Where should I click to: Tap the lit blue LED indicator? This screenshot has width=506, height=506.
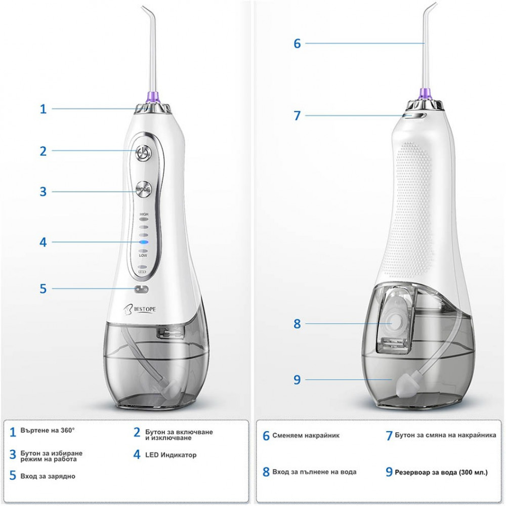(143, 242)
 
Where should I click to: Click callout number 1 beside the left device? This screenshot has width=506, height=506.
(43, 109)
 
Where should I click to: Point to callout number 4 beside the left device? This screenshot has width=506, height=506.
(43, 242)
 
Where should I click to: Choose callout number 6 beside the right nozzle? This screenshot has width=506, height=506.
(297, 44)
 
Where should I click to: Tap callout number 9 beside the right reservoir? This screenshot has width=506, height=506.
(297, 379)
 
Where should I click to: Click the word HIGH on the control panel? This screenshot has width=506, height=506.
(144, 214)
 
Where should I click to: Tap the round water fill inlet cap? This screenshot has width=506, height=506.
(394, 322)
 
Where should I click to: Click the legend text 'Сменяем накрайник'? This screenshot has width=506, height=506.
(306, 435)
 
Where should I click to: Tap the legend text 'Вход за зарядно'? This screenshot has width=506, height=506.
(48, 476)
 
